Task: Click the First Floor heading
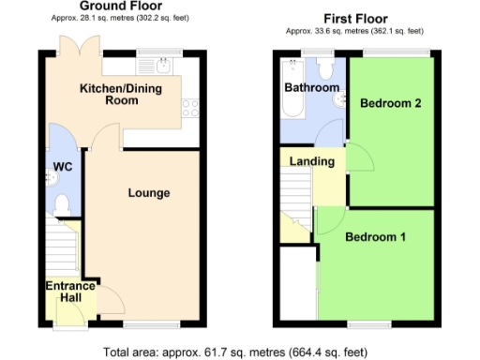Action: tap(356, 18)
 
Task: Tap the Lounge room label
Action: tap(149, 193)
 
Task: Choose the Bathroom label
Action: tap(311, 87)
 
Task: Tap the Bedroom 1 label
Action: tap(375, 236)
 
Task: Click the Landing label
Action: tap(312, 161)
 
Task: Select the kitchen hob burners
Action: tap(190, 107)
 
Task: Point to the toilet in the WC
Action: tap(63, 203)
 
